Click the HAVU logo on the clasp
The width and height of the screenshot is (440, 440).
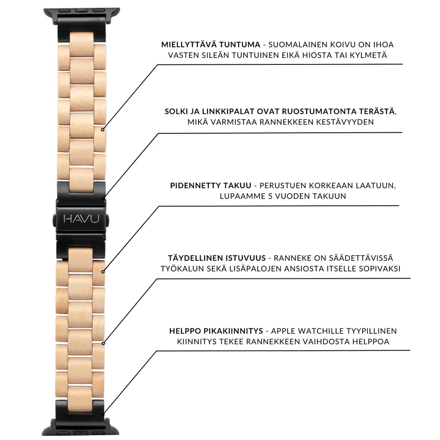pyautogui.click(x=81, y=219)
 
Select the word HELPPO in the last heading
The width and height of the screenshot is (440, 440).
pyautogui.click(x=185, y=331)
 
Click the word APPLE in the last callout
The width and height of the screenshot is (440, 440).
pyautogui.click(x=282, y=331)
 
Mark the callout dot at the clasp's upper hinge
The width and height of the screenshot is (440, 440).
pyautogui.click(x=103, y=199)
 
